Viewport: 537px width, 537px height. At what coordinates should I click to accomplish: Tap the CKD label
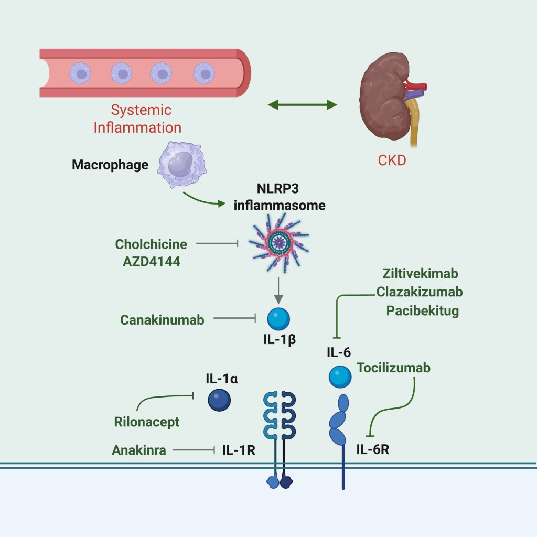point(392,160)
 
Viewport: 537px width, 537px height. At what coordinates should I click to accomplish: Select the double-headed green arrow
point(302,105)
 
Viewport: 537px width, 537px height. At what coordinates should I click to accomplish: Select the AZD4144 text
point(148,261)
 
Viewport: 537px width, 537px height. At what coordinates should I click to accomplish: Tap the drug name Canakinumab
point(162,319)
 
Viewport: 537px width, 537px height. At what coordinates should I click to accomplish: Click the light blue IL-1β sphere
point(278,318)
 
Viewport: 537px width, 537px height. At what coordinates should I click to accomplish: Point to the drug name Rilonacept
point(147,422)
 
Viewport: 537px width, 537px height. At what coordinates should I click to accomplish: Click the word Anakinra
point(139,449)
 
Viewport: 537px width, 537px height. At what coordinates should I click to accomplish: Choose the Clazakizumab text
point(420,292)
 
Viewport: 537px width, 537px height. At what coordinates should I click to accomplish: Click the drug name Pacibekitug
point(423,310)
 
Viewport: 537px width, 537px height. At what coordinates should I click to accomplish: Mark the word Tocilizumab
point(393,368)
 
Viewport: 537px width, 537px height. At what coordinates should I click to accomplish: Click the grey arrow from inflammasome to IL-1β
point(278,291)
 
